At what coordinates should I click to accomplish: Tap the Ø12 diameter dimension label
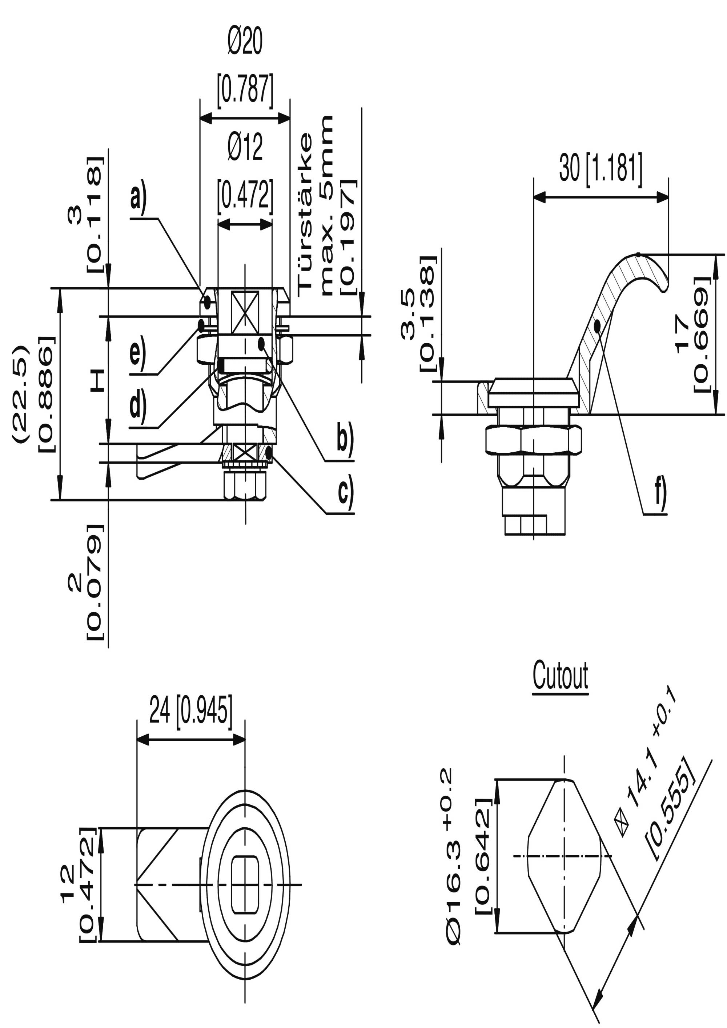[245, 147]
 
